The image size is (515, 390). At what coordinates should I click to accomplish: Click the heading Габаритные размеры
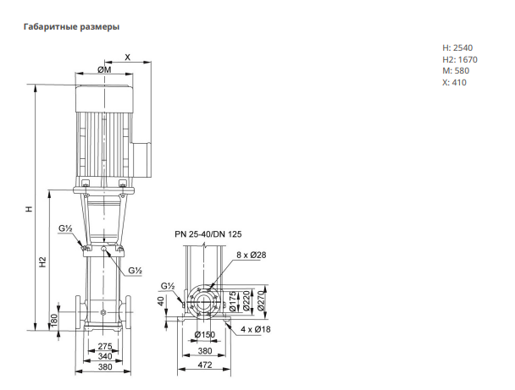pyautogui.click(x=71, y=26)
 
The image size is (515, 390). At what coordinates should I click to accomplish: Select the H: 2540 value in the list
pyautogui.click(x=457, y=48)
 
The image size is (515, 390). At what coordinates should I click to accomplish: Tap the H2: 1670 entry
pyautogui.click(x=460, y=60)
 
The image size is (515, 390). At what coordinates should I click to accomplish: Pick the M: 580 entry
pyautogui.click(x=456, y=71)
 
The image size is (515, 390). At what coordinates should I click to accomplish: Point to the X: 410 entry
pyautogui.click(x=454, y=82)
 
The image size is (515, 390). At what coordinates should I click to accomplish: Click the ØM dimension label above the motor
pyautogui.click(x=104, y=69)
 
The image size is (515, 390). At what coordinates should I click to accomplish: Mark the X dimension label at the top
pyautogui.click(x=127, y=57)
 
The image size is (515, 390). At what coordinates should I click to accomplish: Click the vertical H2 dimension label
pyautogui.click(x=42, y=261)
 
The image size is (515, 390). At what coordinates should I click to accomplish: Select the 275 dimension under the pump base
pyautogui.click(x=105, y=346)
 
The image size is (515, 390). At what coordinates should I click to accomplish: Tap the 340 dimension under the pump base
pyautogui.click(x=105, y=356)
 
